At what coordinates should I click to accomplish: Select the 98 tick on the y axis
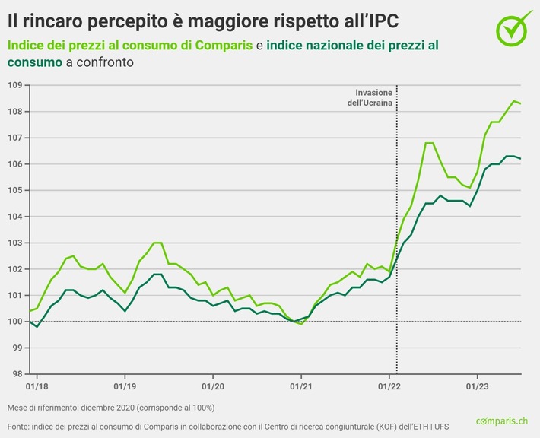14,374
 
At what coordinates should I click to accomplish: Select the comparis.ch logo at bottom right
504,421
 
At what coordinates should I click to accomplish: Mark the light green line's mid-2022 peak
429,143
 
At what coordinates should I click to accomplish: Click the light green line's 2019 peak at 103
157,243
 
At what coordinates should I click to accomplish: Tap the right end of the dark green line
520,158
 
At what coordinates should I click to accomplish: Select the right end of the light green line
520,103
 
